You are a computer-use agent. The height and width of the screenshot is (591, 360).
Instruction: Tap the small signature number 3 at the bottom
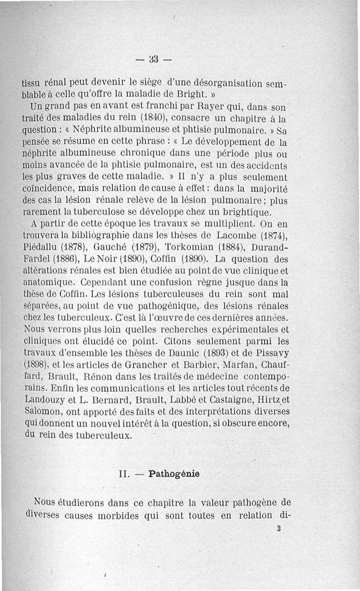pyautogui.click(x=279, y=529)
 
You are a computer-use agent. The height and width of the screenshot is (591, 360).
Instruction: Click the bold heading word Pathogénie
pyautogui.click(x=174, y=474)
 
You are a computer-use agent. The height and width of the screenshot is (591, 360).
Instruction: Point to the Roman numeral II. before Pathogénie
pyautogui.click(x=124, y=474)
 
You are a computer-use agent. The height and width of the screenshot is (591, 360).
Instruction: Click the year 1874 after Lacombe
pyautogui.click(x=273, y=236)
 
